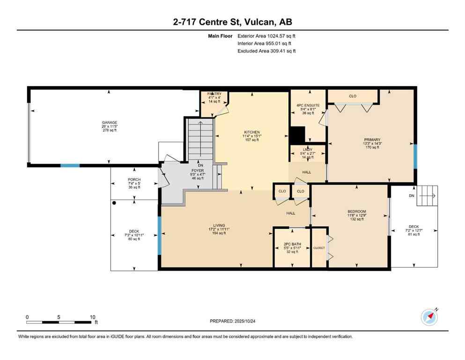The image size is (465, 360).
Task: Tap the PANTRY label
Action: coord(214,94)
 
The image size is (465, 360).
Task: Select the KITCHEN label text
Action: coord(251,132)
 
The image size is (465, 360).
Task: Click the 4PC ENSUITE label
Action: coord(308,105)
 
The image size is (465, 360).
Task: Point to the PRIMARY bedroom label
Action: coord(372,140)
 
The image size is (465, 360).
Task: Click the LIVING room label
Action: coord(219,229)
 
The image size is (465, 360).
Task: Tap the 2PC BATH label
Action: coord(292,244)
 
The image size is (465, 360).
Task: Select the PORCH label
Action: coord(134,180)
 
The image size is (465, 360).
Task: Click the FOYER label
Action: coord(197,171)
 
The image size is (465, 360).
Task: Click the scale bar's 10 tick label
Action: coord(92,316)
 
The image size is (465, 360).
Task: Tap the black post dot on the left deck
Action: coord(114,203)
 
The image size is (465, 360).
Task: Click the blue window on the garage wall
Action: coord(70,165)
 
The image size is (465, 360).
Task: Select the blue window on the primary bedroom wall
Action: coord(415,156)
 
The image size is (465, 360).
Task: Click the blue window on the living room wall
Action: coord(160,230)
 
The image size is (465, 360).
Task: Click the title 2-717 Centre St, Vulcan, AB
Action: coord(232,22)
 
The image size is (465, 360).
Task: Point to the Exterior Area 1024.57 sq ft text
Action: coord(266,36)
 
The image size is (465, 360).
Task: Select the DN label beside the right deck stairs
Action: coord(412,195)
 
